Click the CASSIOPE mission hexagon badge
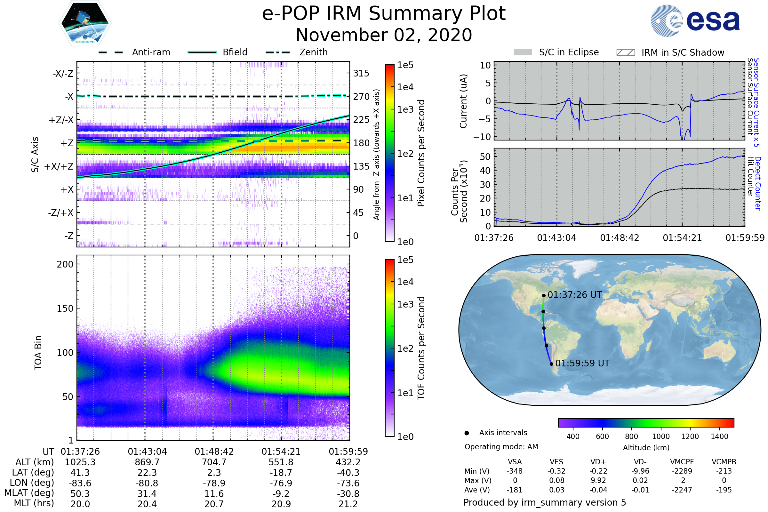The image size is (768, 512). point(85,23)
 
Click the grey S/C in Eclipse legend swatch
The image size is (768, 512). point(523,52)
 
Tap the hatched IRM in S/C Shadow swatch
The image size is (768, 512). point(625,52)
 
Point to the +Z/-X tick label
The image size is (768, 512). point(61,120)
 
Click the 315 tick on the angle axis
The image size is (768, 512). point(361,73)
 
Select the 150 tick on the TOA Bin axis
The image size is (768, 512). point(65,308)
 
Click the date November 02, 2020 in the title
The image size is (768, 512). point(384,35)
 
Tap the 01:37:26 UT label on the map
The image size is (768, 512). point(575,295)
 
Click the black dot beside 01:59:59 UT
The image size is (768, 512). point(551,364)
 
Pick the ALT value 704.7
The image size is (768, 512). point(214,462)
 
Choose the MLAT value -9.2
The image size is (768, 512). point(281,494)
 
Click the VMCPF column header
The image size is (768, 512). point(682,462)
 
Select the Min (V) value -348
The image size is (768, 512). point(515,471)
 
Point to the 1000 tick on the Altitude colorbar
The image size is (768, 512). point(661,436)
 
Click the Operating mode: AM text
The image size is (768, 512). point(501,447)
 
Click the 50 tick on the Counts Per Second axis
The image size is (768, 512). point(485,157)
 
